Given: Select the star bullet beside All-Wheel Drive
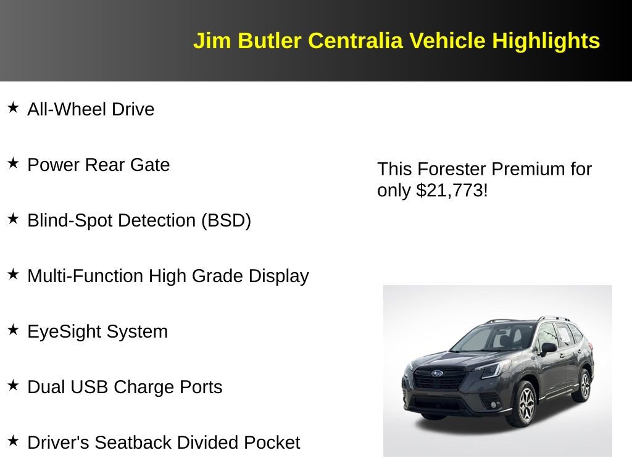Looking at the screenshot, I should pyautogui.click(x=13, y=108).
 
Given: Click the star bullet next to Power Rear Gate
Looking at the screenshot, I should pyautogui.click(x=13, y=164).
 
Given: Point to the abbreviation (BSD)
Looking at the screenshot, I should pyautogui.click(x=226, y=220).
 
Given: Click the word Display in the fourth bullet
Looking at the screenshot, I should pyautogui.click(x=278, y=276).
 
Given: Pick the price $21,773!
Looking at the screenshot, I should pyautogui.click(x=452, y=191).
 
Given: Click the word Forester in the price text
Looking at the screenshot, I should pyautogui.click(x=452, y=169).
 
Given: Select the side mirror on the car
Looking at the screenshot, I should pyautogui.click(x=547, y=349).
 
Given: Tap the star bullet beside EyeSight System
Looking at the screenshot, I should pyautogui.click(x=13, y=330).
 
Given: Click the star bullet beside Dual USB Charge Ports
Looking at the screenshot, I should pyautogui.click(x=13, y=386).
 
